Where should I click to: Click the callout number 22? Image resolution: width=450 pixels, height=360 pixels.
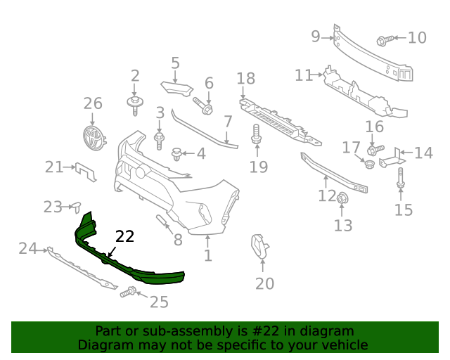pos(124,237)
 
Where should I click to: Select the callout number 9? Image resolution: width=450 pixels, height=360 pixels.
pos(316,36)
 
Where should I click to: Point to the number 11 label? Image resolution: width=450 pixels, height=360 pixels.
pos(304,75)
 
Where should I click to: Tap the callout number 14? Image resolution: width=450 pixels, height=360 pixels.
pos(423,153)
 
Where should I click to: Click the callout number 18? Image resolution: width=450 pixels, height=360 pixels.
pos(245,78)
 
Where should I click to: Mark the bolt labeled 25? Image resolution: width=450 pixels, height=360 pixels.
pos(128,292)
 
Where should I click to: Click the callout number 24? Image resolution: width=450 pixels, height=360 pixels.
pos(27,248)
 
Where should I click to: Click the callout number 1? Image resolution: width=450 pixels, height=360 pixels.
pos(208,256)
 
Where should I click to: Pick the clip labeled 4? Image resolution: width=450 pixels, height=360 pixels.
pos(177,153)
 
